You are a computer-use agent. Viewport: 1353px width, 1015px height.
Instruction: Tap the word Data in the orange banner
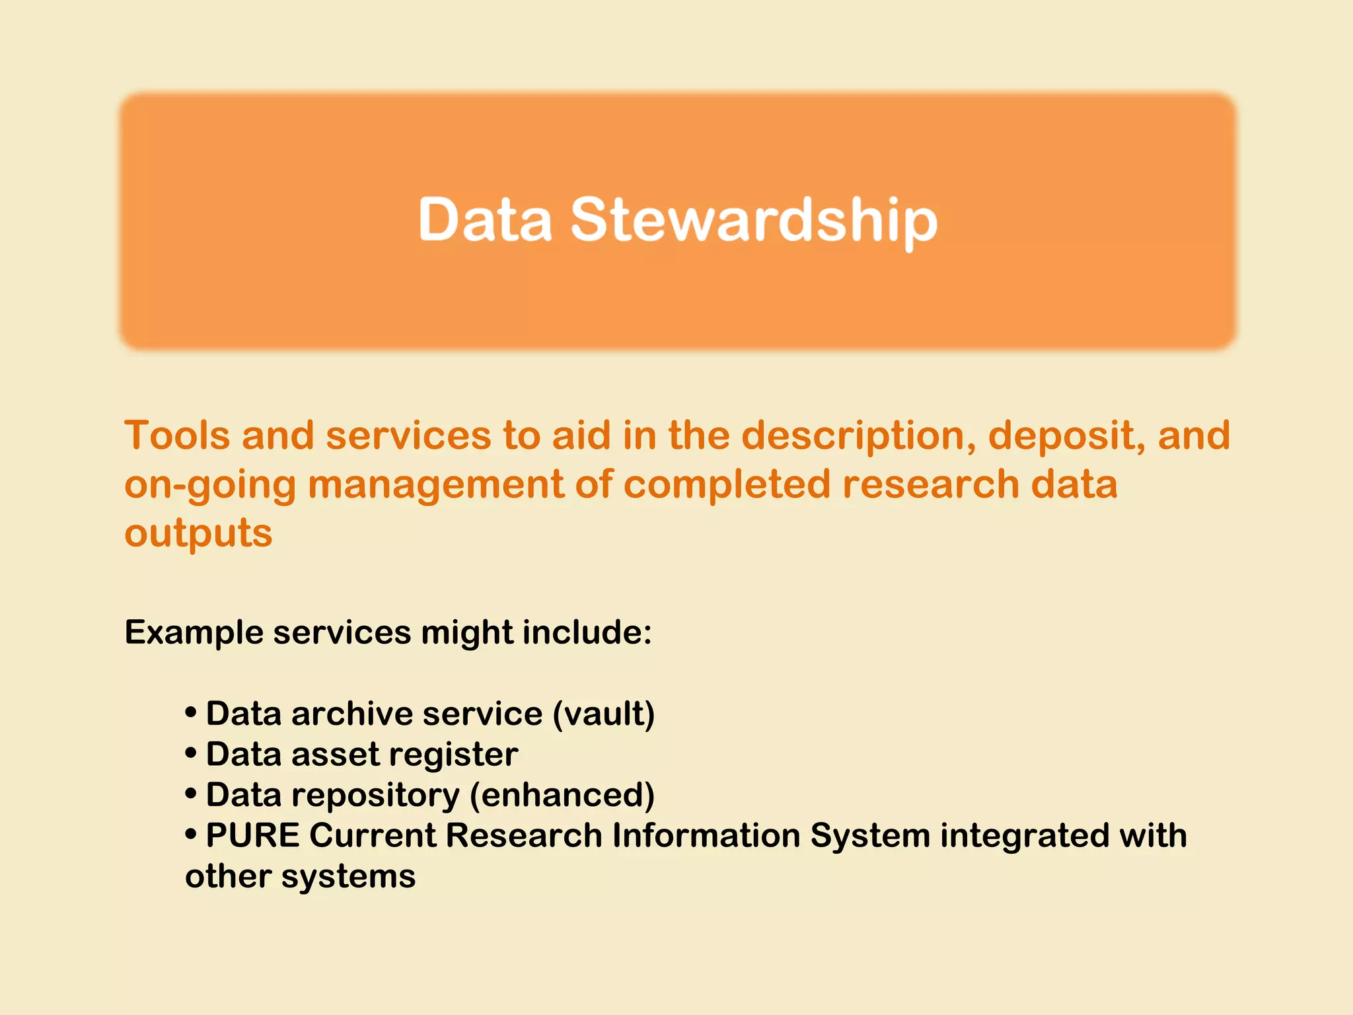(485, 220)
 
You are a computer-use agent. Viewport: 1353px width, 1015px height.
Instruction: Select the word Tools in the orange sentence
(177, 435)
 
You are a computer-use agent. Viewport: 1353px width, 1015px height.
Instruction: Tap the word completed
(727, 484)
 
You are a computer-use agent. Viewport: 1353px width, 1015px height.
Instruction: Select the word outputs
(198, 533)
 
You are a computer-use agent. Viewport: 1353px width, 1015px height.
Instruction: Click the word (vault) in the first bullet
(603, 714)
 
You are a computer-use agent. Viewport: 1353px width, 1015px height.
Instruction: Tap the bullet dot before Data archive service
(191, 713)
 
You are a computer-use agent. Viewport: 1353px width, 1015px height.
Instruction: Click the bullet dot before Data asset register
(191, 753)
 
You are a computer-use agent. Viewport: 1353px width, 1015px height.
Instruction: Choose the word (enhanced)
(562, 795)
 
